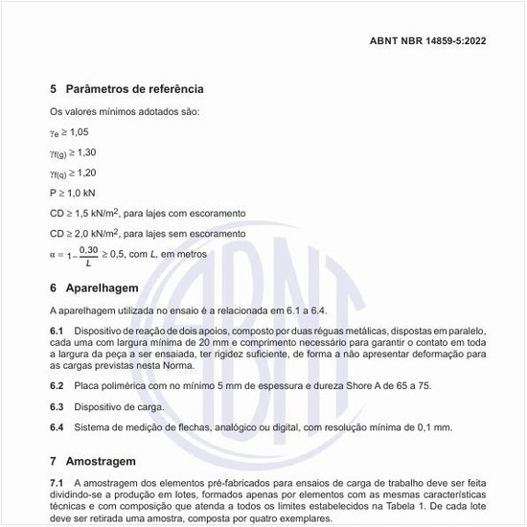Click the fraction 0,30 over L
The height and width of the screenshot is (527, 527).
point(88,256)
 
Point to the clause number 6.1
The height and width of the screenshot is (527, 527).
point(57,330)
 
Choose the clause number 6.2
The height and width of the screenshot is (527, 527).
point(57,385)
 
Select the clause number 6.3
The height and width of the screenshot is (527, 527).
point(57,406)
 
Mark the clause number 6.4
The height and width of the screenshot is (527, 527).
point(57,427)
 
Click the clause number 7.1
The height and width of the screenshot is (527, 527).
point(57,481)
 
